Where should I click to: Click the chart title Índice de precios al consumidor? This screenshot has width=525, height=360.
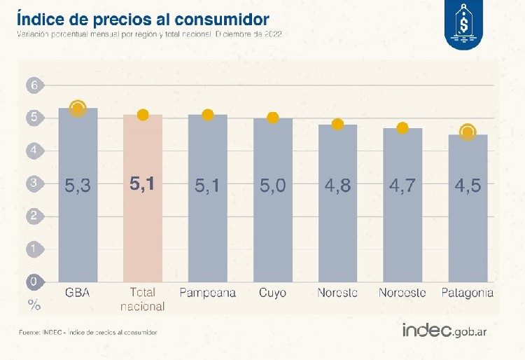[143, 16]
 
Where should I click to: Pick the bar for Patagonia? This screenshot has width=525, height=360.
[468, 210]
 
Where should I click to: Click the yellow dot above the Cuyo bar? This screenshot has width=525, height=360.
[273, 118]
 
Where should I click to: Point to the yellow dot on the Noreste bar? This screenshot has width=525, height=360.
[337, 125]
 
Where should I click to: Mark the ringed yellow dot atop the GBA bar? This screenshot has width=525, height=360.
[78, 108]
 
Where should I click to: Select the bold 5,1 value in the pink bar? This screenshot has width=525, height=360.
[143, 185]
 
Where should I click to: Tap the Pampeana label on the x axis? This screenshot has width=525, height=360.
[208, 293]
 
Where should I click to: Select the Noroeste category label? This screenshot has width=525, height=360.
[402, 293]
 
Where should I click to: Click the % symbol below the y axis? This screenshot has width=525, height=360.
[34, 304]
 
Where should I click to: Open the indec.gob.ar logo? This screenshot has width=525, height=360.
[444, 331]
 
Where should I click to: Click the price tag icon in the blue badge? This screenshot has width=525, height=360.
[463, 26]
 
